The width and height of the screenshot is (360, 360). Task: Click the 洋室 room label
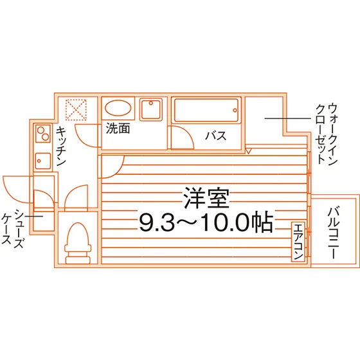tap(206, 199)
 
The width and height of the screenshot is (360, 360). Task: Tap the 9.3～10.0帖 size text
tap(206, 222)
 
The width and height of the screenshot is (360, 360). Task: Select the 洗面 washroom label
tap(118, 129)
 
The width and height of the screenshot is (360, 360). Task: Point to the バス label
tap(216, 136)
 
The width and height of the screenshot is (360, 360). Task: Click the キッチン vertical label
tap(61, 147)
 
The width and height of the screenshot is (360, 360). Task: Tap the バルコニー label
tap(334, 233)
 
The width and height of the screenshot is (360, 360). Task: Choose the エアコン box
tap(298, 242)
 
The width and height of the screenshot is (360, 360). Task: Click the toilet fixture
tap(78, 244)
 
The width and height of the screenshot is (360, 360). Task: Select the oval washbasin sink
tap(118, 108)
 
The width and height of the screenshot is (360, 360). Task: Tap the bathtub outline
tap(206, 110)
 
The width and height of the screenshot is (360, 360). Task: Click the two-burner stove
tap(43, 134)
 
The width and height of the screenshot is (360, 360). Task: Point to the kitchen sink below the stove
tap(43, 161)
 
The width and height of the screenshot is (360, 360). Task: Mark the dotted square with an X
tap(76, 110)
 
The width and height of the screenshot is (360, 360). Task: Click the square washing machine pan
tap(151, 109)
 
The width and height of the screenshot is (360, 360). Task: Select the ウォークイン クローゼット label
tap(327, 134)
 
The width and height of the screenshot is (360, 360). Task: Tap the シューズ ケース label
tap(13, 229)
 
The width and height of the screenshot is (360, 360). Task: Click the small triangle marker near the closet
tap(249, 151)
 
